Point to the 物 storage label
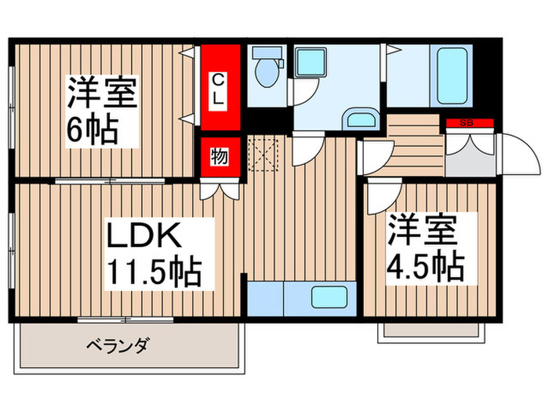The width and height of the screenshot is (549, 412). [219, 156]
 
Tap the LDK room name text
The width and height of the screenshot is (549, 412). [144, 236]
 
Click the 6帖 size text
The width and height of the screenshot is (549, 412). [92, 129]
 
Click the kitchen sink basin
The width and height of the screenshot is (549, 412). [330, 297]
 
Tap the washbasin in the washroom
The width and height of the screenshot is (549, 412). [360, 120]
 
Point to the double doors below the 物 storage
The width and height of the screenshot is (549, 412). [219, 188]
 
